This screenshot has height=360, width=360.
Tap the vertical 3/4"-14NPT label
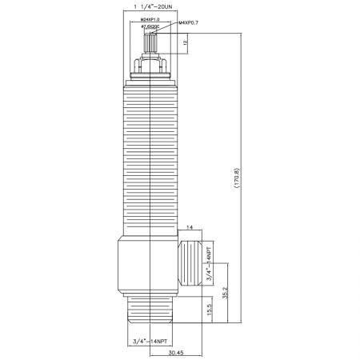(210, 263)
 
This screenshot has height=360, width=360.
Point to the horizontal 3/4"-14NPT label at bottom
(151, 342)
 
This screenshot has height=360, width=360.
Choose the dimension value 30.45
(177, 353)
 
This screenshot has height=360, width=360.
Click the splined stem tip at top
(150, 41)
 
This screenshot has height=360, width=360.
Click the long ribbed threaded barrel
(150, 160)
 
